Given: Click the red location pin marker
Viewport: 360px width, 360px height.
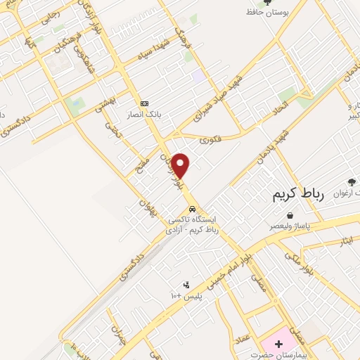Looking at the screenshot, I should click(x=181, y=165).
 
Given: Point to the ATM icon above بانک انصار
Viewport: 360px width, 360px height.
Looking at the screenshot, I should click(x=145, y=103).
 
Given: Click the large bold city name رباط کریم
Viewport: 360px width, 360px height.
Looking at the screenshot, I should click(x=297, y=194).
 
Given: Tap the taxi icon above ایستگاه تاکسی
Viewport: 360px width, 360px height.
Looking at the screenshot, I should click(x=192, y=210).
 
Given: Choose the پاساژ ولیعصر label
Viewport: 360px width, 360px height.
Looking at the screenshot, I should click(x=295, y=226).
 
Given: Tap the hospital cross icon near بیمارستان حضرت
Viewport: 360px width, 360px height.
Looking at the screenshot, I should click(x=279, y=344).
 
